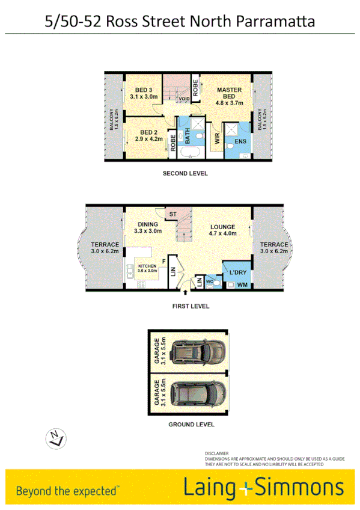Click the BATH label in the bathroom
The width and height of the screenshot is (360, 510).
tap(188, 139)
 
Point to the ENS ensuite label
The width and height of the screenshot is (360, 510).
tap(239, 142)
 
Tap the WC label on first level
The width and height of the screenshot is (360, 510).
tap(211, 281)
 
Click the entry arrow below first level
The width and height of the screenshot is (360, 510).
tap(185, 293)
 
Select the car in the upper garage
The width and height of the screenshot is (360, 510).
tap(197, 351)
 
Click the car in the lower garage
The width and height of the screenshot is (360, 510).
tap(197, 394)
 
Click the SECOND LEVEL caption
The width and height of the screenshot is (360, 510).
tap(185, 173)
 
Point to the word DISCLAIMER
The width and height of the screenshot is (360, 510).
tap(217, 453)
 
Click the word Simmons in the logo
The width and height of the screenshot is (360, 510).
tap(300, 488)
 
